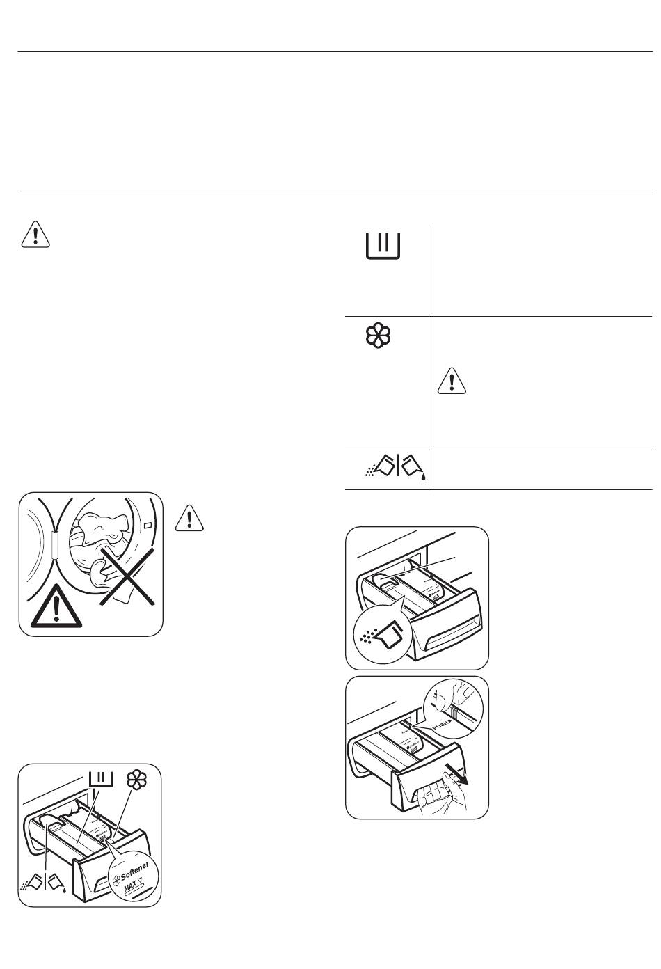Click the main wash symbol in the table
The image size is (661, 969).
click(383, 247)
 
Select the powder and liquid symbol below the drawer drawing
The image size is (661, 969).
click(43, 883)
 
